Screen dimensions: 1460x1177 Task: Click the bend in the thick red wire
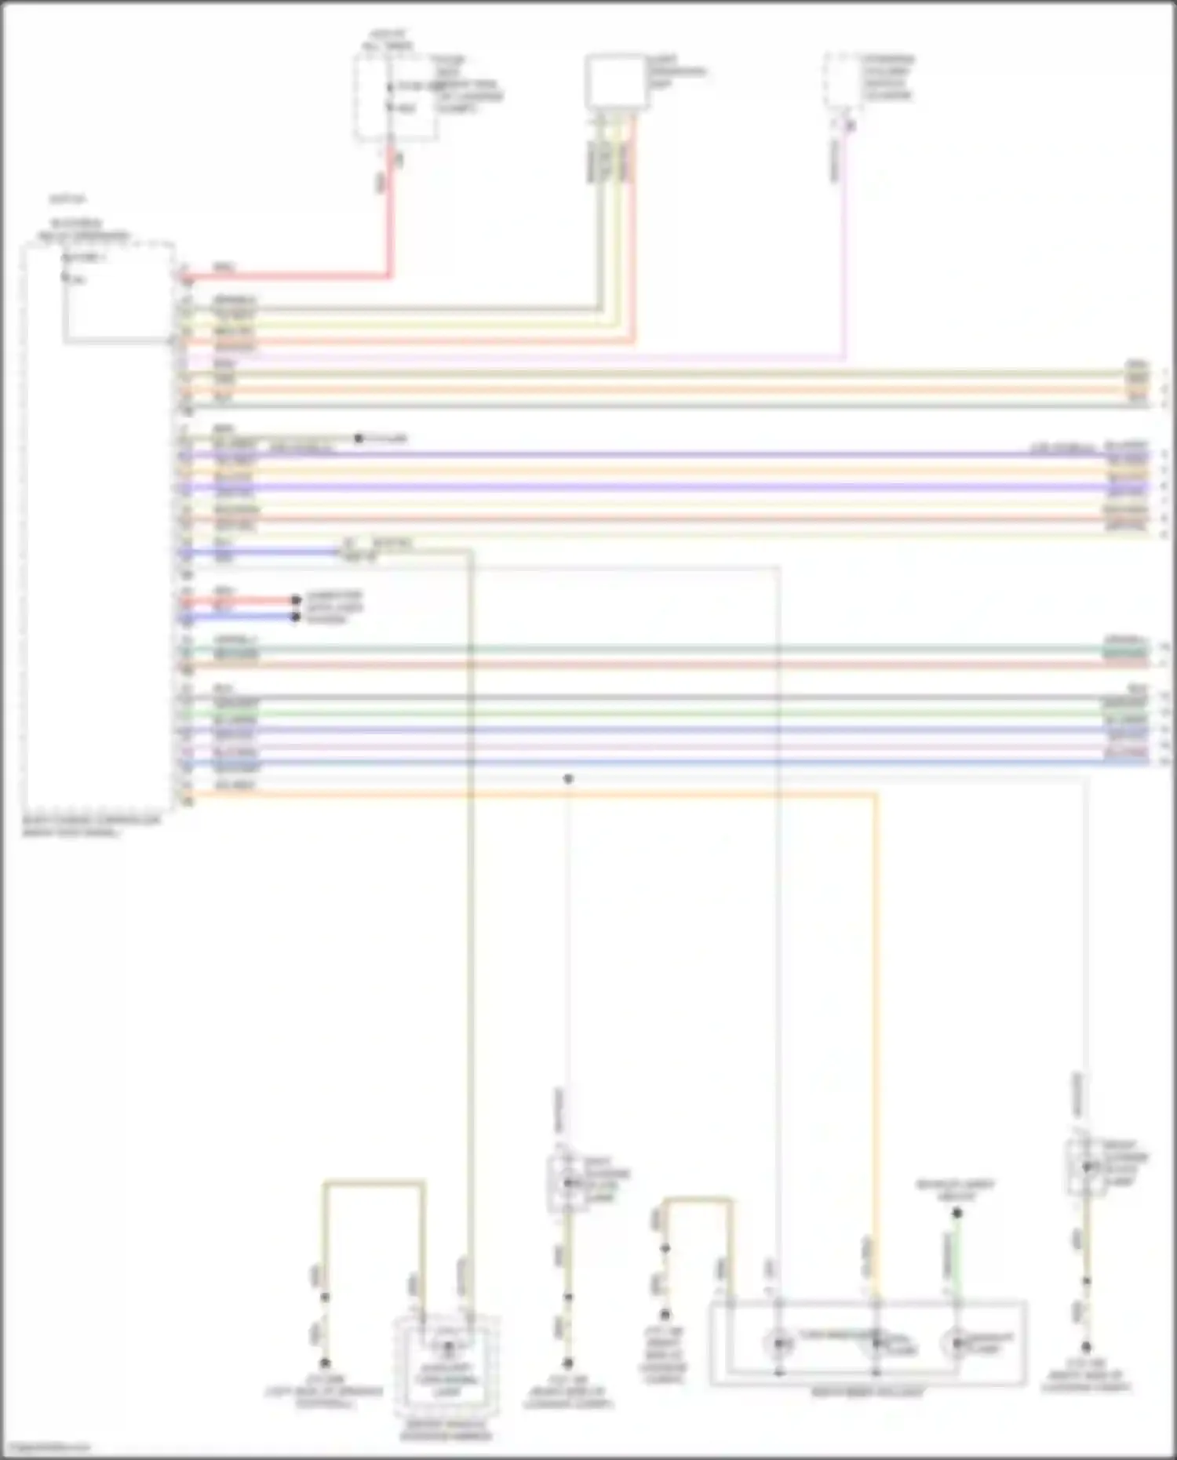[388, 275]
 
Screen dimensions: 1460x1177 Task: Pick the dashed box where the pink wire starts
[839, 81]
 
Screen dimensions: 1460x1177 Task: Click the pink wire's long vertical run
[844, 259]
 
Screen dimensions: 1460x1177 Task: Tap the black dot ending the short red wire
[297, 600]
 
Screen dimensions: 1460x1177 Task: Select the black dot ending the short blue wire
[297, 617]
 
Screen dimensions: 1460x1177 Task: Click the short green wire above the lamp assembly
[956, 1263]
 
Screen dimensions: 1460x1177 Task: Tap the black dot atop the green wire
[957, 1213]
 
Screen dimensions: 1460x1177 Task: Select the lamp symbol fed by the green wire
[956, 1343]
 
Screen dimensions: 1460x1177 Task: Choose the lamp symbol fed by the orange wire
[875, 1343]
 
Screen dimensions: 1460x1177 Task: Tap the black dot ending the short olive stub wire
[359, 438]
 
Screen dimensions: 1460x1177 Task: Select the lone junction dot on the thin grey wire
[568, 779]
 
